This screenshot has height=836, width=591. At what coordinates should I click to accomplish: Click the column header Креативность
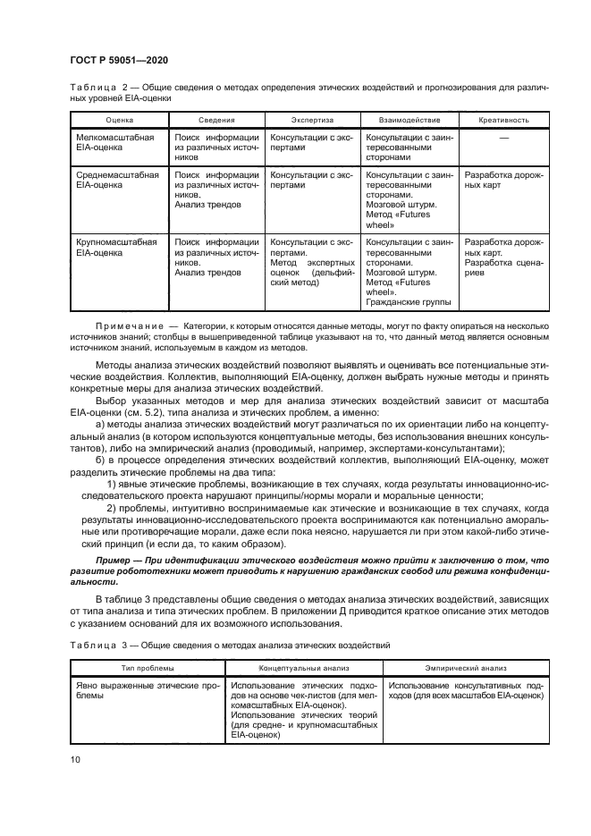click(502, 119)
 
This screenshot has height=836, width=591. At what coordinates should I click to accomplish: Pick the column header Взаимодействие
click(407, 119)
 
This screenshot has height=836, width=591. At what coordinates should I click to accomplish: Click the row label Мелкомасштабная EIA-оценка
click(115, 143)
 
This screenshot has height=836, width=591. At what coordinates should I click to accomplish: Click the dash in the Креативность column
click(502, 139)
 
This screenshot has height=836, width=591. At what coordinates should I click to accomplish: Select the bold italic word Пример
click(114, 559)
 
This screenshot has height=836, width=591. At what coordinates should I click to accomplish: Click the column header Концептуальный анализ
click(304, 667)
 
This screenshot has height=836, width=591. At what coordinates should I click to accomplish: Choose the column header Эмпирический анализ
click(466, 667)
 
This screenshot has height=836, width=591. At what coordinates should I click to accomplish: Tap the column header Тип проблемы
click(148, 667)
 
